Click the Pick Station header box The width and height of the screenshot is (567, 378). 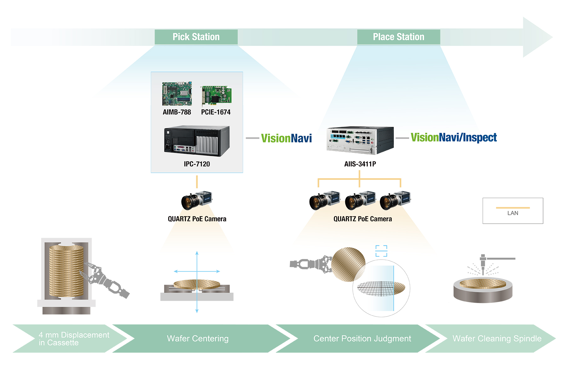[196, 37]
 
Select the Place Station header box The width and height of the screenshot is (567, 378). [398, 37]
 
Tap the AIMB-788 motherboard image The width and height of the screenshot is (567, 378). [177, 94]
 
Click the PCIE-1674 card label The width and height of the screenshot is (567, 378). [216, 112]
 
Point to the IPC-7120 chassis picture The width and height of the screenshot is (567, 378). [197, 141]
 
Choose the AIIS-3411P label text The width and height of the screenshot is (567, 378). [360, 164]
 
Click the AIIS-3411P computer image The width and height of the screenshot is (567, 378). [360, 140]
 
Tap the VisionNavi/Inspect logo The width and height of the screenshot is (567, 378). [454, 137]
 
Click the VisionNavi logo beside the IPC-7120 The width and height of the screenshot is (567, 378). [286, 138]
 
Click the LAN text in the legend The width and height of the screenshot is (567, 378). [513, 213]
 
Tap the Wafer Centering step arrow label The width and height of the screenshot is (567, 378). [198, 339]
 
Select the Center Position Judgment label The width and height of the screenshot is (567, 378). [362, 339]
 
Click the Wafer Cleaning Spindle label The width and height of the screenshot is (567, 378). [497, 339]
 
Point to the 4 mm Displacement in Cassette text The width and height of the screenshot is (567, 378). [74, 339]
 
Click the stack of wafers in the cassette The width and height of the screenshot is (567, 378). [66, 271]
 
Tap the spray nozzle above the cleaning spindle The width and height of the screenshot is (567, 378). [483, 263]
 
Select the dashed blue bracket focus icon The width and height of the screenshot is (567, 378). [381, 251]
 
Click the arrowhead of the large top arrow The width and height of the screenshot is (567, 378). [537, 37]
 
